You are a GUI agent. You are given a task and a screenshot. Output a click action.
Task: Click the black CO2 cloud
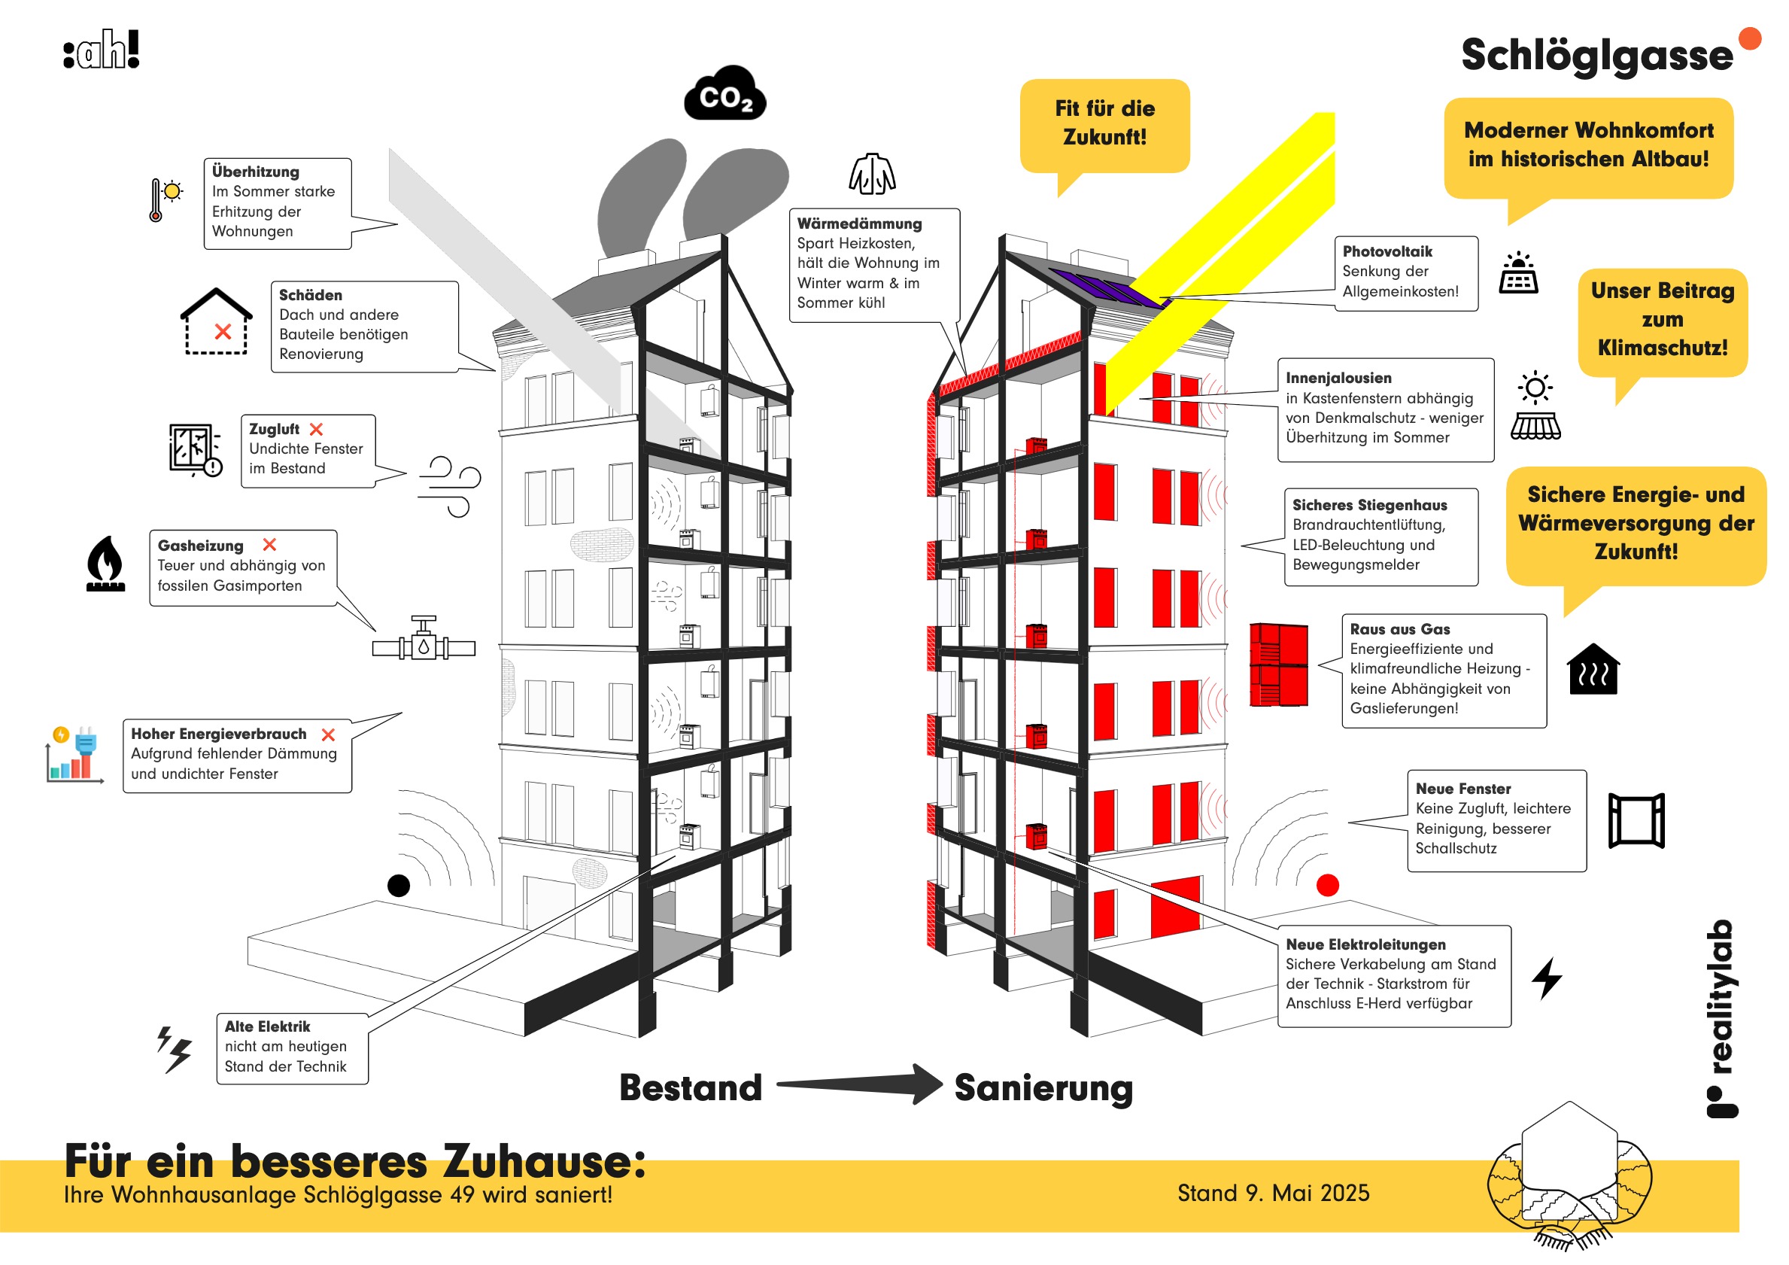click(x=724, y=95)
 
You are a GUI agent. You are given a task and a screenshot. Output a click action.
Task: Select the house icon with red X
click(x=217, y=322)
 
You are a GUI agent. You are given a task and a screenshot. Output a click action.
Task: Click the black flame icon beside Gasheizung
click(x=106, y=564)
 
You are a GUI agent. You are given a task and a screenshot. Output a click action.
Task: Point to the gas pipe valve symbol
click(x=424, y=641)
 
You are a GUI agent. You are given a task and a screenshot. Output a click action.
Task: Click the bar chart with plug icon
click(x=74, y=755)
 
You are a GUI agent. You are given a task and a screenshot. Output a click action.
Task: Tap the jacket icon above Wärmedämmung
click(x=872, y=174)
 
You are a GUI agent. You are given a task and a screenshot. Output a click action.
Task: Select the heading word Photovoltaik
click(x=1387, y=252)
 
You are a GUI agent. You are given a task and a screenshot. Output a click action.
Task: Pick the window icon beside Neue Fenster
click(x=1636, y=820)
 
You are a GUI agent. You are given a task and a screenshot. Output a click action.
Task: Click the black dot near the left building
click(x=399, y=886)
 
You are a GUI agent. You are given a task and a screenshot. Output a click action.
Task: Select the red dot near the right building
click(x=1328, y=886)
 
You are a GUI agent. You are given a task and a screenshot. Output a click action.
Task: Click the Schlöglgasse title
click(x=1596, y=56)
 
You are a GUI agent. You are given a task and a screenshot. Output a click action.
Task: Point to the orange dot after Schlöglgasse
click(x=1750, y=38)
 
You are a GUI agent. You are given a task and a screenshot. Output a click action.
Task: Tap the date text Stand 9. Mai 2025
click(x=1273, y=1193)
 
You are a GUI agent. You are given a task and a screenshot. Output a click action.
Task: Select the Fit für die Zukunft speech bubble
click(x=1105, y=125)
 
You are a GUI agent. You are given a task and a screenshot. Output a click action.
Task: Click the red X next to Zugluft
click(x=316, y=430)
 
